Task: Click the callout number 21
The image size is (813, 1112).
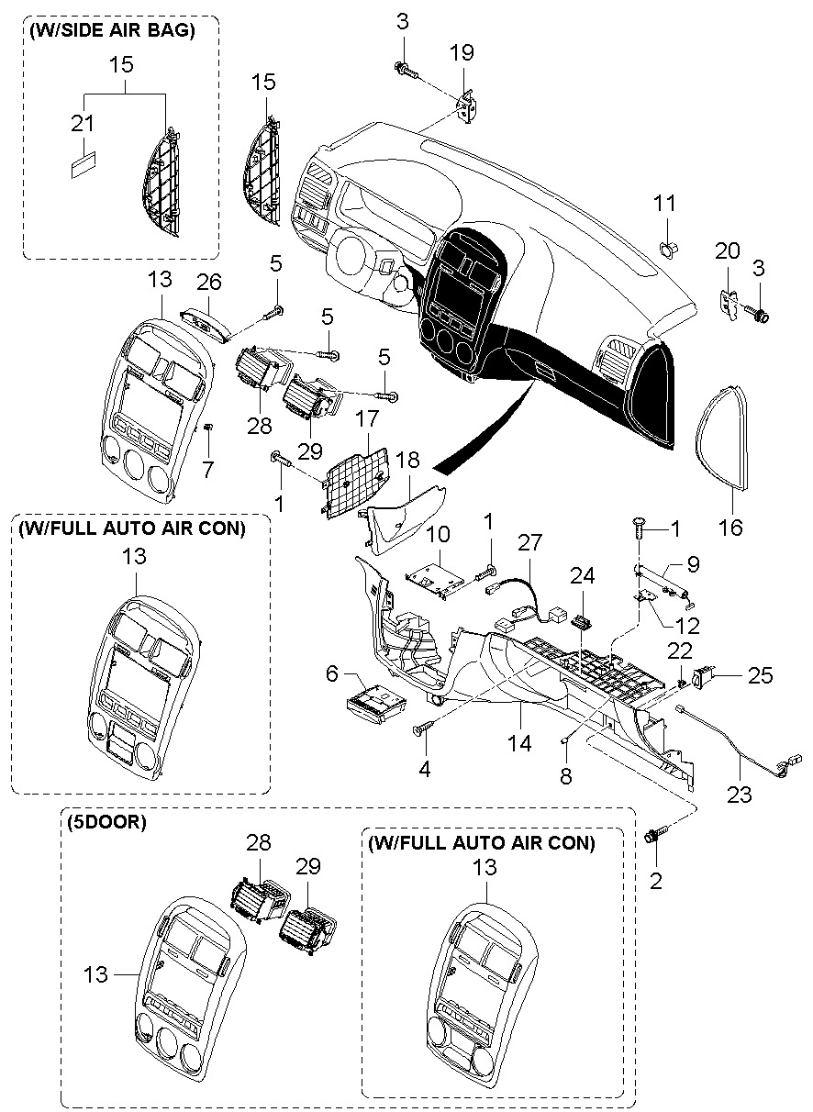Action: (83, 123)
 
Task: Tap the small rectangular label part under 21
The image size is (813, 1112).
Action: (84, 165)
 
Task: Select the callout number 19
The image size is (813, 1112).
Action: (462, 52)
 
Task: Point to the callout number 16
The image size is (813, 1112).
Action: (731, 527)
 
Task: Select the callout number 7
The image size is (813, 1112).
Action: (207, 469)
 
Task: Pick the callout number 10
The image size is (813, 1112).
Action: (438, 534)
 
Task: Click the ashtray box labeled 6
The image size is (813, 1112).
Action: (376, 698)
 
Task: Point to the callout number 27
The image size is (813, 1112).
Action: (529, 542)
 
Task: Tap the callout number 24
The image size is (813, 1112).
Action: (583, 576)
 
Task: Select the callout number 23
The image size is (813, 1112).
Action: (740, 795)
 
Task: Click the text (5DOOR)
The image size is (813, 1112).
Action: (106, 822)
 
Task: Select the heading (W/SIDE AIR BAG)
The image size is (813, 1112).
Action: (112, 31)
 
